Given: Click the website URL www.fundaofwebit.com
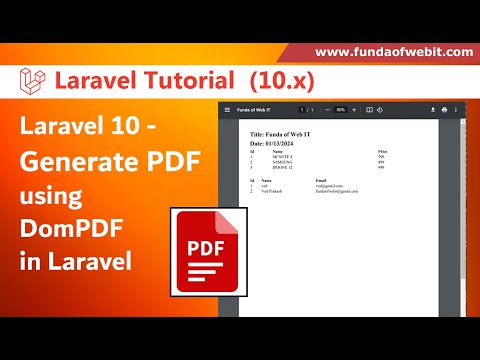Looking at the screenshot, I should click(393, 51).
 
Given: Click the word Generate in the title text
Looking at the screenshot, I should click(79, 159).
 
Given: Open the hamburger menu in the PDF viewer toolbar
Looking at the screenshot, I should click(228, 109).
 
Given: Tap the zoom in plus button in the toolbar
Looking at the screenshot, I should click(353, 109).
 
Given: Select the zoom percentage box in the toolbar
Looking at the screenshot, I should click(340, 109).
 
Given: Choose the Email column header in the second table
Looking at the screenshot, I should click(321, 180).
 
